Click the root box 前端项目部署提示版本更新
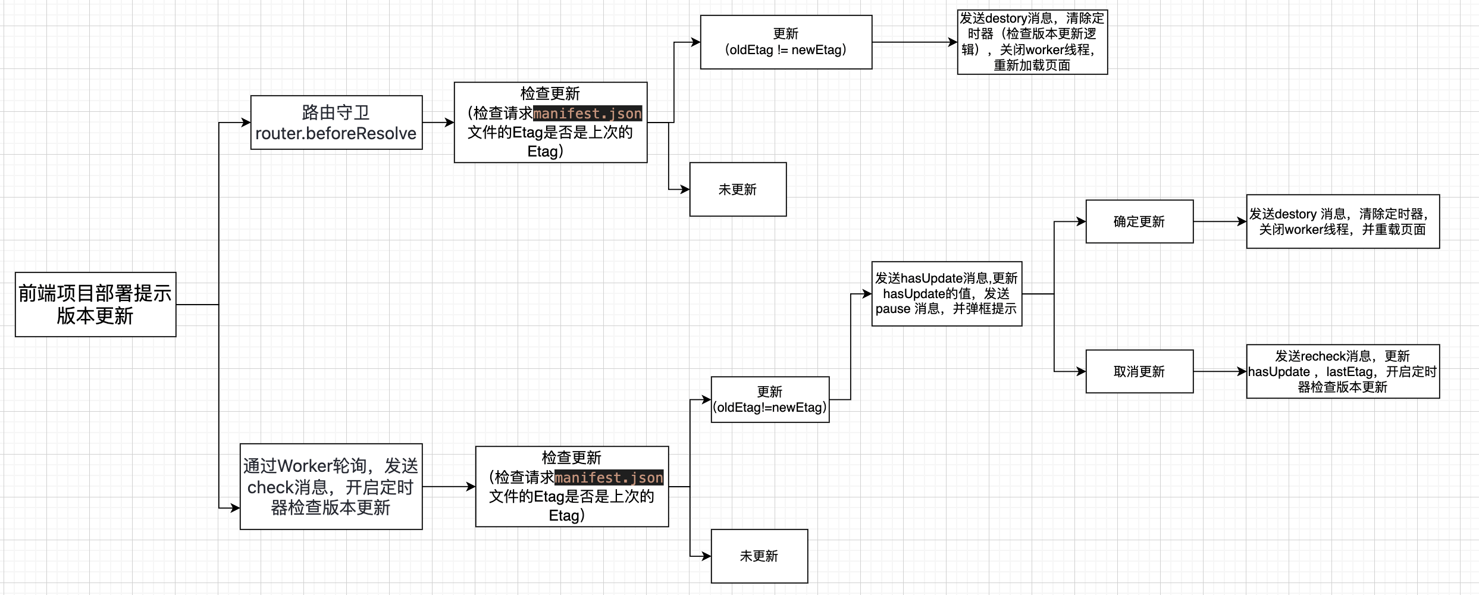point(96,305)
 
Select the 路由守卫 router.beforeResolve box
point(337,123)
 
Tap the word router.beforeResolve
point(336,133)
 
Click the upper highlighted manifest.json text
point(588,113)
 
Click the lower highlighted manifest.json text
point(609,477)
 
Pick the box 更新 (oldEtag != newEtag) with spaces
point(786,42)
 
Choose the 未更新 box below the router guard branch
point(738,189)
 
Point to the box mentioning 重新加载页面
point(1033,42)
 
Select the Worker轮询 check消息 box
point(331,487)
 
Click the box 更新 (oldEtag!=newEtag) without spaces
point(770,400)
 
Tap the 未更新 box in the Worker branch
point(760,556)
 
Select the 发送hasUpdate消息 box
point(947,294)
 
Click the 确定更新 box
point(1140,221)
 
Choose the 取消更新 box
point(1140,371)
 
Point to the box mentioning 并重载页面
point(1343,221)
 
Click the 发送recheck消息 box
point(1343,371)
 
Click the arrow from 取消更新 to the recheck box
point(1220,371)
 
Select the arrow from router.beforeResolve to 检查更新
point(438,123)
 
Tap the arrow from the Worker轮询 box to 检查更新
point(449,487)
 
